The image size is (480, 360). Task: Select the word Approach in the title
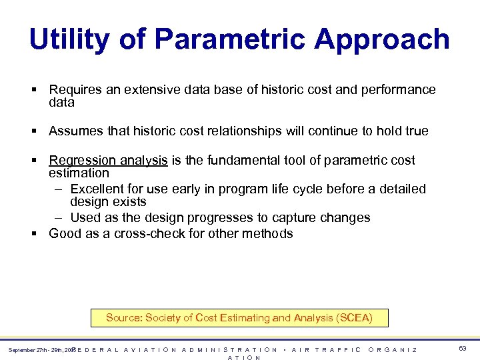(382, 39)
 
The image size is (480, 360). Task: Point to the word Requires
(75, 89)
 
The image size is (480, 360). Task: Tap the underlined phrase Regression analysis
(108, 160)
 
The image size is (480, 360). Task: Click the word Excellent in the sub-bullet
(98, 189)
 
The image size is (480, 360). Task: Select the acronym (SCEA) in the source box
(351, 318)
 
